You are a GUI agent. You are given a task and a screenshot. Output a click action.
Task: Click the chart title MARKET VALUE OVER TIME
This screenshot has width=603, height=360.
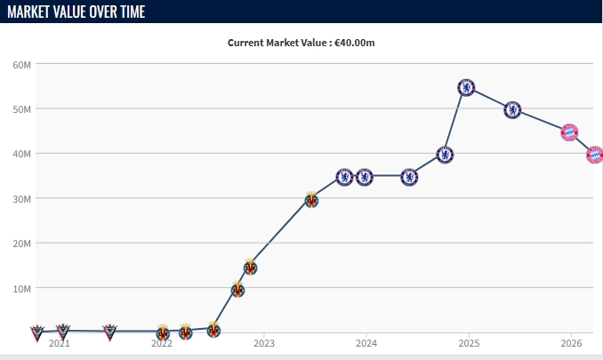[76, 12]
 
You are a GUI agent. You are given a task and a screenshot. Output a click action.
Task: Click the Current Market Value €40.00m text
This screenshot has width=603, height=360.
[301, 43]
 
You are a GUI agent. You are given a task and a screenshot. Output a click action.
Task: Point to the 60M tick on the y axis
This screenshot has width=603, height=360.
[22, 65]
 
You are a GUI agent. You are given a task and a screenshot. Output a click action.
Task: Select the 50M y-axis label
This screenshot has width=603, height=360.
[22, 109]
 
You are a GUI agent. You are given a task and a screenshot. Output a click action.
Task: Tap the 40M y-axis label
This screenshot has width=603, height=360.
[22, 154]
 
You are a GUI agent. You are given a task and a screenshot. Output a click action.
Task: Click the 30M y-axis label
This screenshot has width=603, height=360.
[22, 198]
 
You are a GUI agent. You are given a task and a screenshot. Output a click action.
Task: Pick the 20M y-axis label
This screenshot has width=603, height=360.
[22, 244]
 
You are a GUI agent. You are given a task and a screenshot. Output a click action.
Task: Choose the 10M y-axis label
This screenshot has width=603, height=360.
[22, 288]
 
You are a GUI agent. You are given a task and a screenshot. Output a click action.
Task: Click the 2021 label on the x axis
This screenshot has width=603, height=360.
[60, 343]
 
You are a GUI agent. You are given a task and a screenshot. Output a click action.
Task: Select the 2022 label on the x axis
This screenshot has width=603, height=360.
[162, 343]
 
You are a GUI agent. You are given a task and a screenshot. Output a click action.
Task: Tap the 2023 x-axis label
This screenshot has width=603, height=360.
[264, 343]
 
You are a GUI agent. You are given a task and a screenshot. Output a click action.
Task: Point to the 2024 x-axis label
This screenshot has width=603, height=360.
[366, 343]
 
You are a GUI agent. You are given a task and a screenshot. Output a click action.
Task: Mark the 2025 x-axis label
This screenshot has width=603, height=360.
[469, 343]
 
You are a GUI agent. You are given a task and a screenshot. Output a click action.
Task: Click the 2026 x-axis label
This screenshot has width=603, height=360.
[571, 343]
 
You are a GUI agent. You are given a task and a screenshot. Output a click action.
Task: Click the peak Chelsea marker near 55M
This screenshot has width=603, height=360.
[466, 87]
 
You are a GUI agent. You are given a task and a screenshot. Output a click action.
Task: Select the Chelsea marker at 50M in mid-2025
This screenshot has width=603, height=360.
[512, 110]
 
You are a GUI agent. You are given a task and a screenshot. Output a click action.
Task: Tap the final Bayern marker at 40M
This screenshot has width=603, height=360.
[594, 155]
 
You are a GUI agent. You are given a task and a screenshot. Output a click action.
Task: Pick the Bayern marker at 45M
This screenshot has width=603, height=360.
[569, 132]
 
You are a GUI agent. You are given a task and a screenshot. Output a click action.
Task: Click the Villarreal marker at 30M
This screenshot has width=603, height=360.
[311, 200]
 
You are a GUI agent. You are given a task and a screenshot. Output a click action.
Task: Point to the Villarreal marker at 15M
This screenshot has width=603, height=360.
[251, 267]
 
